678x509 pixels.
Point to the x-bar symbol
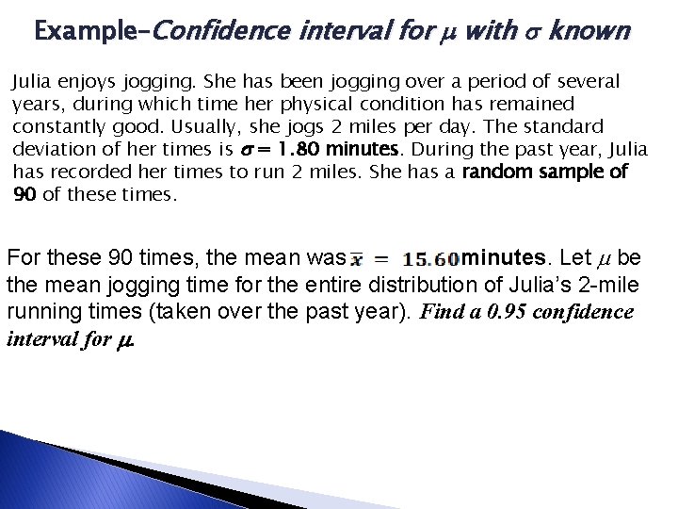pos(359,258)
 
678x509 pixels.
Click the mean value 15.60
pos(430,258)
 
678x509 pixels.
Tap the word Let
pos(576,257)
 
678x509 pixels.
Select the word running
pos(40,312)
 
